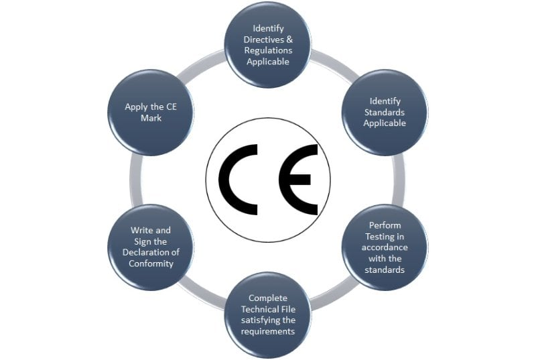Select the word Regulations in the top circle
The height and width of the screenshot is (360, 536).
click(269, 50)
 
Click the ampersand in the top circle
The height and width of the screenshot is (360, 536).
click(289, 40)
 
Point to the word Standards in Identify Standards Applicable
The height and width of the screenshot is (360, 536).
click(385, 112)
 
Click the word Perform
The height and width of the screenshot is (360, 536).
click(385, 225)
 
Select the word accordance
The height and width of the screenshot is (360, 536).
click(385, 247)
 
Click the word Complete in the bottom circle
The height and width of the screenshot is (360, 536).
click(268, 298)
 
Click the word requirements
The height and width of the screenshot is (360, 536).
click(268, 331)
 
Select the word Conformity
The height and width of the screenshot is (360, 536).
click(151, 263)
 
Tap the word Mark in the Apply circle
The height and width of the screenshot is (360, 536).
click(151, 118)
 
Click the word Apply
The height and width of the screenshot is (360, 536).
click(135, 107)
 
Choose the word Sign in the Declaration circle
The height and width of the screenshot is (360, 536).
click(142, 242)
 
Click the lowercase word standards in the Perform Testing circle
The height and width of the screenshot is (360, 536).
click(385, 269)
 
